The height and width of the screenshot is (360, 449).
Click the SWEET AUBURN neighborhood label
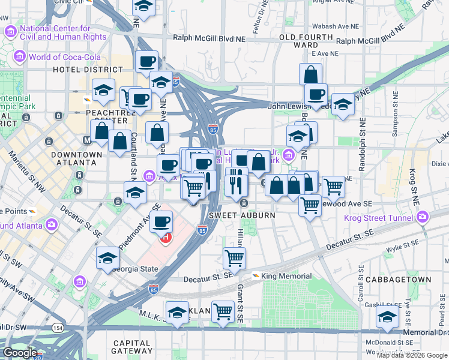point(234,215)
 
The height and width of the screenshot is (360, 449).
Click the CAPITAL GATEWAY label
point(132,346)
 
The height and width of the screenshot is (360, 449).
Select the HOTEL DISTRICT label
point(79,70)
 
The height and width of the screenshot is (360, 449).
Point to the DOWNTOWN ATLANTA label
point(76,158)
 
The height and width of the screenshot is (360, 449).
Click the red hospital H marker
point(166,237)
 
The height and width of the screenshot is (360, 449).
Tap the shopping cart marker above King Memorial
point(234,258)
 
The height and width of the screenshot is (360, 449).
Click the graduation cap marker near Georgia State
point(107,257)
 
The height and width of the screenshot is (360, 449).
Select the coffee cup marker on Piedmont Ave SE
point(161,221)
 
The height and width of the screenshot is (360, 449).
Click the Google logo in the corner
point(20,353)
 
